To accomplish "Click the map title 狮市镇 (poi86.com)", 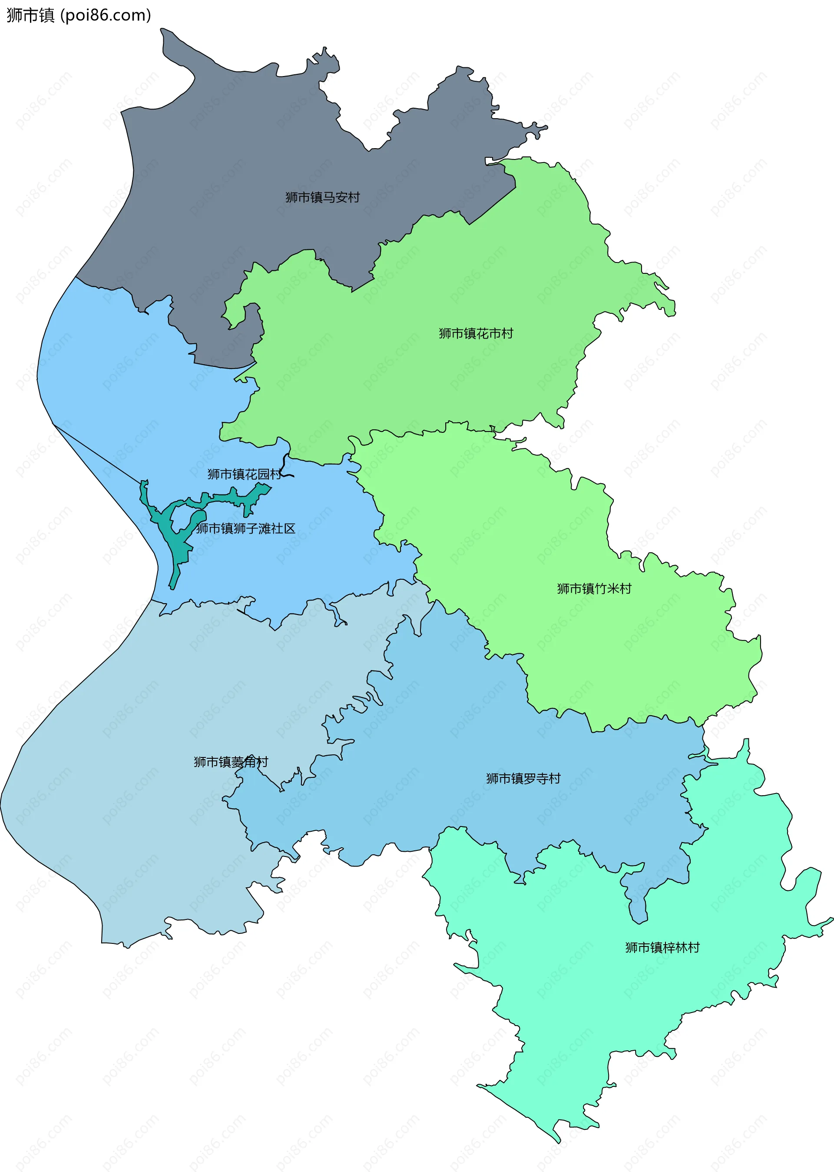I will (x=79, y=15).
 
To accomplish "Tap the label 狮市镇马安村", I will (x=322, y=197).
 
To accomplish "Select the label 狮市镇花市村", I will (x=476, y=333).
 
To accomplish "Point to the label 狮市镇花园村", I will (x=245, y=474).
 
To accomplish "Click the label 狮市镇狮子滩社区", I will (x=246, y=529).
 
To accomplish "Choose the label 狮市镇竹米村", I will (x=594, y=589).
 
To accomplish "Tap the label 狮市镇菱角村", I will (x=231, y=762).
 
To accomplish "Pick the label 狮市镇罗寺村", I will (x=523, y=778).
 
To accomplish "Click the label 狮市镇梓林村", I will (x=662, y=947).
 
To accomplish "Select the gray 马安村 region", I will (x=257, y=154).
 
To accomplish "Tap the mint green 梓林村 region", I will (x=616, y=1002).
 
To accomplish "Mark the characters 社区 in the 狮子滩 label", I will (x=284, y=529).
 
